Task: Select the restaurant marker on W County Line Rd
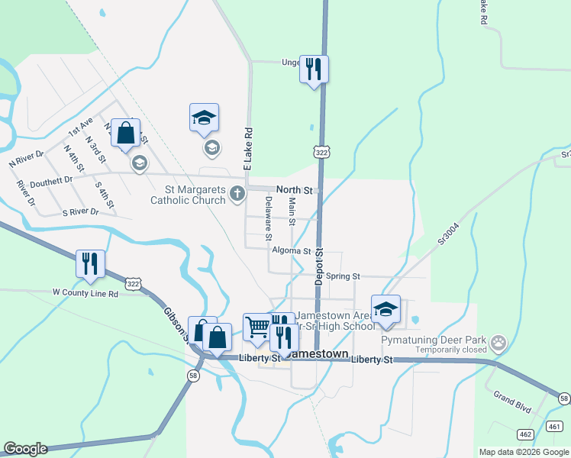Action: pyautogui.click(x=91, y=263)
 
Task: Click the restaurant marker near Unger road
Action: pyautogui.click(x=314, y=69)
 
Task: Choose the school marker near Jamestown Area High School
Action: pyautogui.click(x=386, y=308)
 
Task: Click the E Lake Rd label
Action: pyautogui.click(x=247, y=149)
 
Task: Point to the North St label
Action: pyautogui.click(x=295, y=189)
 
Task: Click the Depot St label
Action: pyautogui.click(x=319, y=266)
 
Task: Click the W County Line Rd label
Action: pyautogui.click(x=85, y=293)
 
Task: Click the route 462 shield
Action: pyautogui.click(x=526, y=434)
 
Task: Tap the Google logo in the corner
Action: pyautogui.click(x=25, y=449)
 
